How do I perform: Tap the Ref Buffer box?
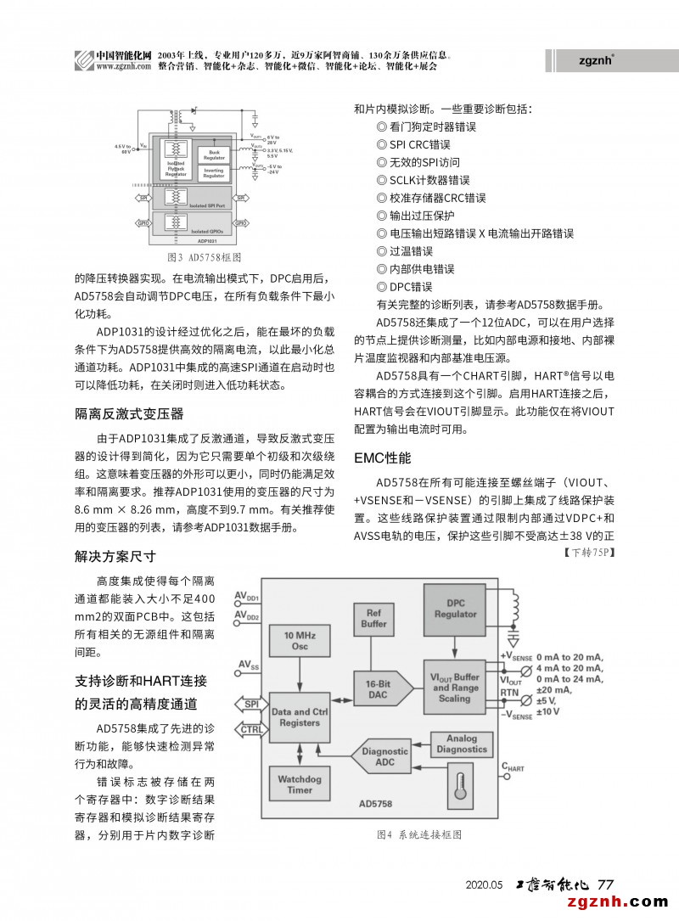[x=373, y=618]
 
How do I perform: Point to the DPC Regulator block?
[x=455, y=609]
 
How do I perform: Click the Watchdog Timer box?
[x=299, y=783]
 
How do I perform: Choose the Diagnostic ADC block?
[x=384, y=756]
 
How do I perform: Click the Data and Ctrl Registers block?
[x=299, y=717]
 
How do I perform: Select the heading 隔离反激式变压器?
[x=129, y=414]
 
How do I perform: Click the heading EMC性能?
[x=382, y=458]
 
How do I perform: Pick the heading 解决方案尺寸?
[x=115, y=557]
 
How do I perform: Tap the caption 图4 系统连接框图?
[x=419, y=834]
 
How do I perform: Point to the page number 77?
[x=606, y=884]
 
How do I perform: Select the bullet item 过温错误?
[x=411, y=251]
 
